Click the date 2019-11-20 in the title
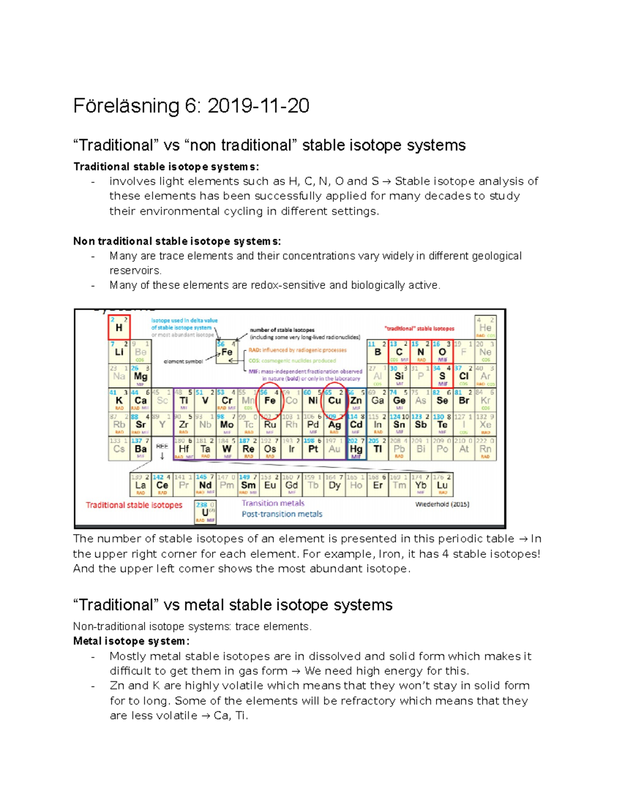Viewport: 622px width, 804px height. click(258, 106)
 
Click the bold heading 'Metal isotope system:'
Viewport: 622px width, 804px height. click(131, 641)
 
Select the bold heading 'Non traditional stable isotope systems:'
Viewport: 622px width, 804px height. click(177, 241)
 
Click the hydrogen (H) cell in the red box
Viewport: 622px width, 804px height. click(119, 327)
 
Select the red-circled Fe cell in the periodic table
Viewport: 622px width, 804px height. click(270, 400)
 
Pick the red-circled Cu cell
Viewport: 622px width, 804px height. click(334, 400)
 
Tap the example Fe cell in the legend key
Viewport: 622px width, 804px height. click(227, 352)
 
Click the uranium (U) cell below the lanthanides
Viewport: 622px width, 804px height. click(205, 512)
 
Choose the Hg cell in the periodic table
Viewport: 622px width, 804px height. click(356, 449)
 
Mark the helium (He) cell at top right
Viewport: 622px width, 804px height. click(485, 328)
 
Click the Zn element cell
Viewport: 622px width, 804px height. click(356, 400)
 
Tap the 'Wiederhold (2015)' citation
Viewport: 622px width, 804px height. click(442, 504)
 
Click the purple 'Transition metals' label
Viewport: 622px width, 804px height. click(273, 503)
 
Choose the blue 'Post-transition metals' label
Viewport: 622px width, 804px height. click(281, 514)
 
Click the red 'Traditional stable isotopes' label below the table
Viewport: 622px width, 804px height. click(134, 505)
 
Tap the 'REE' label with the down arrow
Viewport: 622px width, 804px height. click(162, 449)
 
